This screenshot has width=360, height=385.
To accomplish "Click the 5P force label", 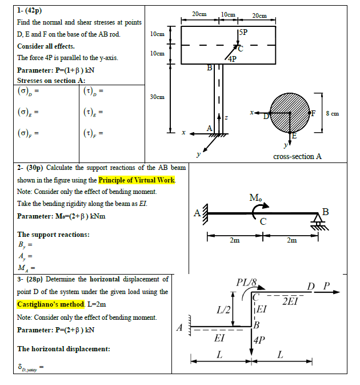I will click(243, 32).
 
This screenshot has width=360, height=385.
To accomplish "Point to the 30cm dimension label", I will click(157, 97).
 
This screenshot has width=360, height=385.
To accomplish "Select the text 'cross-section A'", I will click(298, 156).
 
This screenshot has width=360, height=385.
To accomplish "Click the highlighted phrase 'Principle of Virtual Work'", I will click(138, 180).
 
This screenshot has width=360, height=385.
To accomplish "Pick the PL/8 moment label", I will click(246, 282).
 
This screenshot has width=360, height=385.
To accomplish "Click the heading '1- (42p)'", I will click(30, 10).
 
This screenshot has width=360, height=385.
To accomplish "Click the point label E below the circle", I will click(294, 136).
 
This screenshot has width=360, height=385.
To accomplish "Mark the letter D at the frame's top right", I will click(311, 285).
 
